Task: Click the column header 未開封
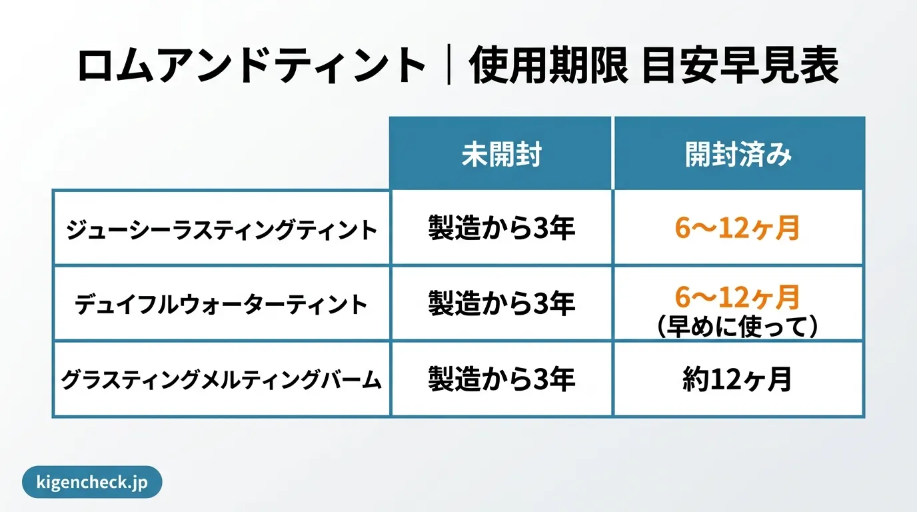[501, 155]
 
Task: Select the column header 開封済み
[738, 155]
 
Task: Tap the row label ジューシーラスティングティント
[222, 230]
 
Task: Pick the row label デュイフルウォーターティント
[222, 305]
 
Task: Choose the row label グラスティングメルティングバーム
[222, 380]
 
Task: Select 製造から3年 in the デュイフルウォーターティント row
[501, 305]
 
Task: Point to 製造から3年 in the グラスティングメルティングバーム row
[501, 380]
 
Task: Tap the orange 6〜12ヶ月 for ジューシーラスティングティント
[737, 229]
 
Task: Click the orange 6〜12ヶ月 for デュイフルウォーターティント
[737, 297]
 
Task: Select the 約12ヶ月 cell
[737, 380]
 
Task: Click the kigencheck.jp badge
[92, 482]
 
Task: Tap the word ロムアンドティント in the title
[251, 67]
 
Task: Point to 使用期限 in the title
[549, 67]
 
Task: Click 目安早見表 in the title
[740, 67]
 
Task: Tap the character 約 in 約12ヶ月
[694, 380]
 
